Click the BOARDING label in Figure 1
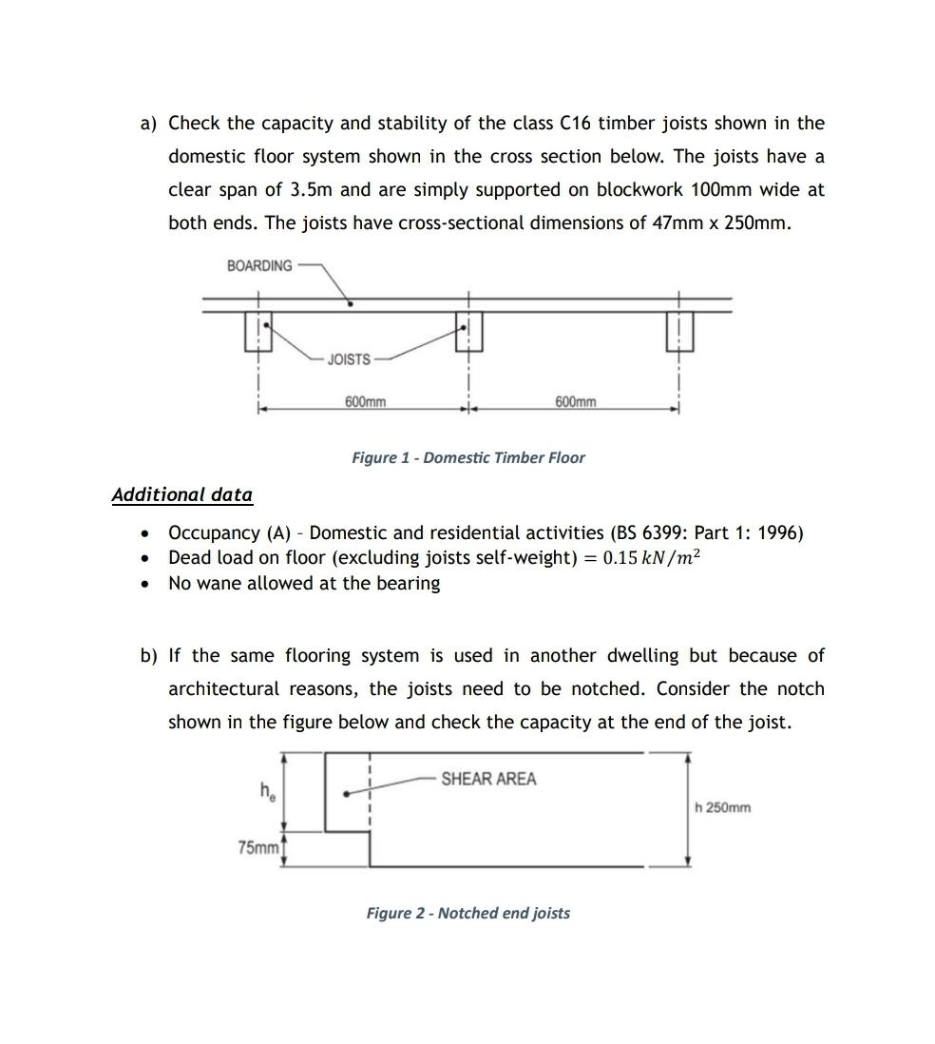pos(259,265)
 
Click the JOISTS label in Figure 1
pos(349,359)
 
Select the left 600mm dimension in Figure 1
pos(365,401)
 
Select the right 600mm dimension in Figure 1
pos(575,401)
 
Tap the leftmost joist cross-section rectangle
pos(258,331)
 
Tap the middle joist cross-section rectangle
pos(468,331)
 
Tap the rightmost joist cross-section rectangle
pos(679,331)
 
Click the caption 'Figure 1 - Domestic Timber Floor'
pos(467,457)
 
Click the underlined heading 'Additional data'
pos(181,494)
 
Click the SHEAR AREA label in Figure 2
pos(488,779)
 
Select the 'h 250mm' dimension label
pos(722,808)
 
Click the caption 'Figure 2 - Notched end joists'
pos(467,913)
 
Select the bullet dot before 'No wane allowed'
pos(144,584)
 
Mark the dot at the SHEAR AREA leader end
pos(347,793)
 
